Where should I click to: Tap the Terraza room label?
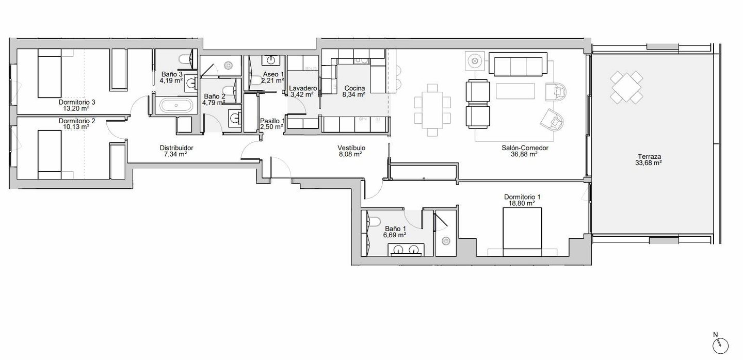point(649,156)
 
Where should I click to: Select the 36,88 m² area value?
point(524,154)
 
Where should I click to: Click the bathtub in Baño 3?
point(176,106)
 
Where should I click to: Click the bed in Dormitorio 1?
point(522,232)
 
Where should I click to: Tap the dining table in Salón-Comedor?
point(432,110)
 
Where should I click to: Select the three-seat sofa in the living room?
point(518,63)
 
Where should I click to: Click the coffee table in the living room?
point(515,91)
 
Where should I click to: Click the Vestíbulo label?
point(351,148)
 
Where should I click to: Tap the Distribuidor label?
point(176,148)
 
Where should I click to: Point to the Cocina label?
point(354,88)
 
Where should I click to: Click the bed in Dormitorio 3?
point(50,73)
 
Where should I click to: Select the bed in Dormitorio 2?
point(50,155)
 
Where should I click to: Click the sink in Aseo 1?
point(271,60)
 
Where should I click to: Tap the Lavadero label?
point(302,88)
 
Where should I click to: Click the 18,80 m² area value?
point(522,203)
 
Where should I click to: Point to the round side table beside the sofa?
point(475,61)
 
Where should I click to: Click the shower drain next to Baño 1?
point(445,241)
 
